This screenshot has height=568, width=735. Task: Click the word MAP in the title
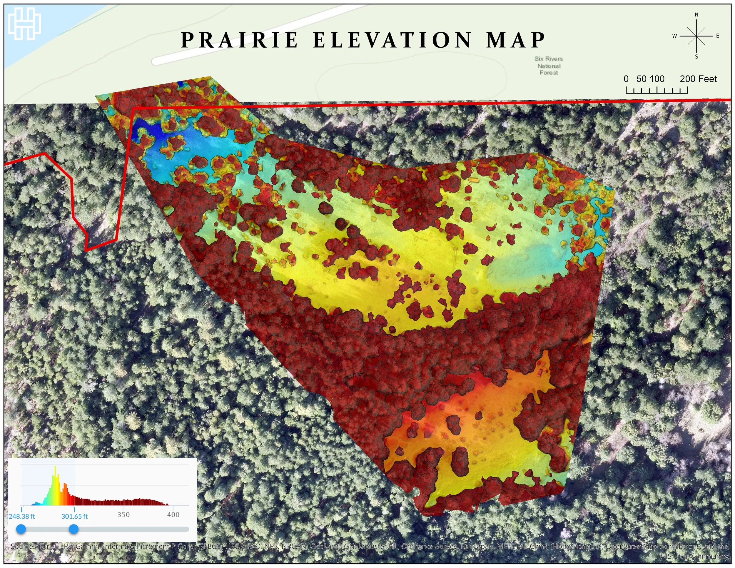point(515,40)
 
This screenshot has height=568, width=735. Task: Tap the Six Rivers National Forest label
point(549,66)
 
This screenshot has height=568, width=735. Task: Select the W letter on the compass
point(674,36)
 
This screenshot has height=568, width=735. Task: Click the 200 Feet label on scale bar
point(698,79)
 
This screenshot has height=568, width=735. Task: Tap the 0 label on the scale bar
point(626,79)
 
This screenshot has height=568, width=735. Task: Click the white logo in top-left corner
point(25,24)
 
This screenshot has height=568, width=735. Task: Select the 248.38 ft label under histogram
point(21,516)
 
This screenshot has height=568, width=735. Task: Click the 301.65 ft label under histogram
point(74,516)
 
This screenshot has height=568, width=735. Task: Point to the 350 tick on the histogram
point(123,514)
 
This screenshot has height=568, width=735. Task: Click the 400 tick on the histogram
point(173,514)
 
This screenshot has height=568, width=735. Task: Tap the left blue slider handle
point(21,529)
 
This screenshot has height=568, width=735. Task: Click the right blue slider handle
point(74,529)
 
